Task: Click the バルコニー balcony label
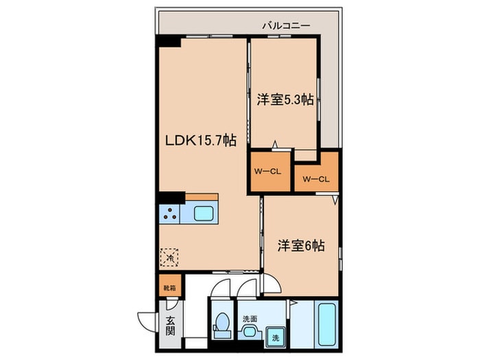pos(286,25)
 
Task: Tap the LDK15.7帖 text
pos(200,140)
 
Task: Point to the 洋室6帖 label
pos(301,245)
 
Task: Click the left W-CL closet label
pos(268,171)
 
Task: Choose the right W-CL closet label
pos(316,180)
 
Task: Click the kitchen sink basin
pos(204,213)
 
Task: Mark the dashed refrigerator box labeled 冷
pos(169,258)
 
